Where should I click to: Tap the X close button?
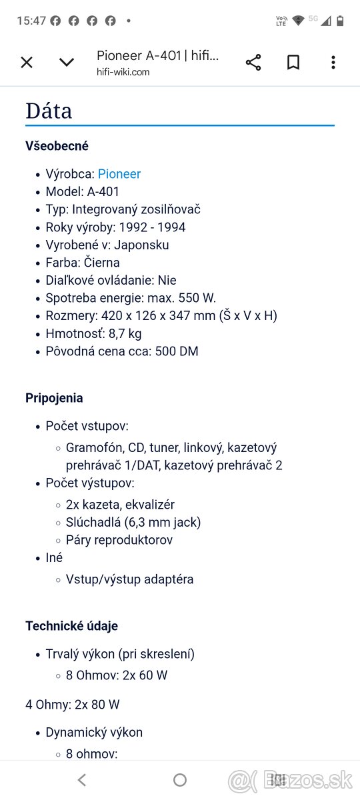(27, 63)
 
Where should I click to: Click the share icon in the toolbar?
(253, 63)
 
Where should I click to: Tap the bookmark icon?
(293, 63)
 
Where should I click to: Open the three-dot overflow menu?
(333, 63)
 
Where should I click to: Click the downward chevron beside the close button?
(67, 63)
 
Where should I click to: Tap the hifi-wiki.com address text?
(123, 72)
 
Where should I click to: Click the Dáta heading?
(49, 111)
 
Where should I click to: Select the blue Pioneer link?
(119, 174)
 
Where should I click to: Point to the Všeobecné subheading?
(57, 146)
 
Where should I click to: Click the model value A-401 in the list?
(103, 191)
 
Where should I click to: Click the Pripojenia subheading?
(54, 398)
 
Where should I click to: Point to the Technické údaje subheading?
(71, 626)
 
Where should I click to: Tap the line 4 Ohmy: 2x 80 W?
(73, 704)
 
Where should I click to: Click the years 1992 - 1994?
(152, 227)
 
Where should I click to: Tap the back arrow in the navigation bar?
(82, 779)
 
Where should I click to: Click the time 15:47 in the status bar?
(31, 21)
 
